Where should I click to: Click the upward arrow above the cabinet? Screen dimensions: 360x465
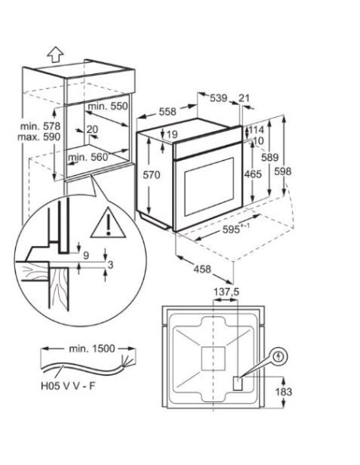click(x=56, y=55)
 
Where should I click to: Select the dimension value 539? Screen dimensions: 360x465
click(x=218, y=98)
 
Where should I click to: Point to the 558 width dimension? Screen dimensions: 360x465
click(x=167, y=111)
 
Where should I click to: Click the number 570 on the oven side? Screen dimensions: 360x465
click(x=151, y=175)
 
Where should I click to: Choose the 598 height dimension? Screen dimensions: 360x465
click(x=283, y=171)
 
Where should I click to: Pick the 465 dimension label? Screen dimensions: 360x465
click(x=252, y=174)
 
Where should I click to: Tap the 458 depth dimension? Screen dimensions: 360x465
click(x=202, y=269)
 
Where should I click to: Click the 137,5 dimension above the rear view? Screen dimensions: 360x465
click(x=226, y=292)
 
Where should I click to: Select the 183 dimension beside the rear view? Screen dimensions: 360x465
click(x=284, y=392)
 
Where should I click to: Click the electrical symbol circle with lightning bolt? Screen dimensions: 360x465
click(x=278, y=356)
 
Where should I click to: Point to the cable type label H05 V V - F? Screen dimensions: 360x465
click(x=68, y=386)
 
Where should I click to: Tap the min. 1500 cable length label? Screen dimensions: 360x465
click(x=92, y=349)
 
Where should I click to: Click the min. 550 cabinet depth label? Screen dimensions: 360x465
click(x=108, y=106)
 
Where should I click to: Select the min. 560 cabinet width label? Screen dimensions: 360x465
click(x=88, y=157)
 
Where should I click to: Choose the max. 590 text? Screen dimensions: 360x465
click(x=39, y=137)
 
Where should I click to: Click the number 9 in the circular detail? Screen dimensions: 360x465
click(x=86, y=256)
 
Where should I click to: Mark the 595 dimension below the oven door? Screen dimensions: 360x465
click(x=236, y=229)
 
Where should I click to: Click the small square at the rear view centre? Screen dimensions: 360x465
click(x=213, y=359)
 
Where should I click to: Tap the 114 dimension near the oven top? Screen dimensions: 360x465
click(x=256, y=130)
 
